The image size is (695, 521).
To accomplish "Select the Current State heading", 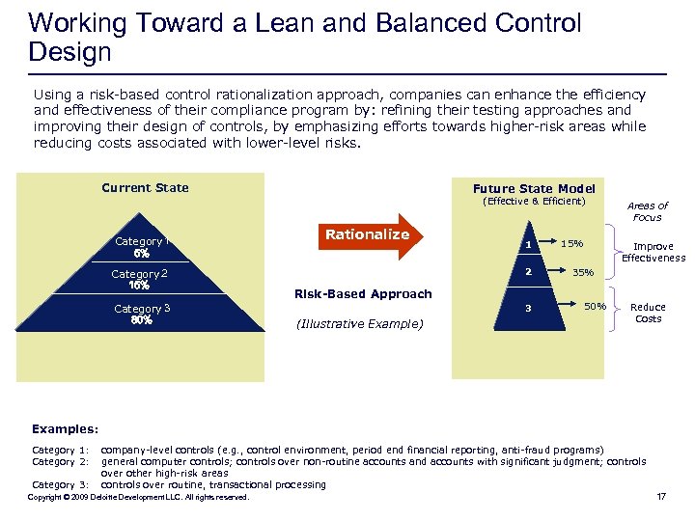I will coord(145,187).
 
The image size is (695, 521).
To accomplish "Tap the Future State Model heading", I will coord(534,188).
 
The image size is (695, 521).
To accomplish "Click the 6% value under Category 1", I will coord(141,254).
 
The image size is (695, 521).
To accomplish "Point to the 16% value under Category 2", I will coord(139,286).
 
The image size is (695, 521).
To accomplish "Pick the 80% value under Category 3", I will coord(142,320).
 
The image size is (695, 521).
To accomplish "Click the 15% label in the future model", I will coord(573,242).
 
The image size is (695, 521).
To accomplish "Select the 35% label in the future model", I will coord(583,273).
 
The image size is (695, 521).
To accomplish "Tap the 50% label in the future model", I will coord(595,307).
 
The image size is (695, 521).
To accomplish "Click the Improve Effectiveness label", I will coord(653,252).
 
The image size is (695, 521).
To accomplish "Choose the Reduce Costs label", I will coord(648,313).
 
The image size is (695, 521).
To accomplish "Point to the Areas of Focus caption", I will coord(647,211).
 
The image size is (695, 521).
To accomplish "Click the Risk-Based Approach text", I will coord(363,293).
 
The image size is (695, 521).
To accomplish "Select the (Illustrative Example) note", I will coord(357,324).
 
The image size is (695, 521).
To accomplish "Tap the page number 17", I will coord(661,497).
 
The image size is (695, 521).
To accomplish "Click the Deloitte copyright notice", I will coord(138,497).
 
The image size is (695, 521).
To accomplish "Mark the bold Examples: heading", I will coord(64,428).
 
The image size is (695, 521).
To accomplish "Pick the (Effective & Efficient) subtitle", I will coord(534,202).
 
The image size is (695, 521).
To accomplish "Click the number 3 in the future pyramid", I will coord(528,309).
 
